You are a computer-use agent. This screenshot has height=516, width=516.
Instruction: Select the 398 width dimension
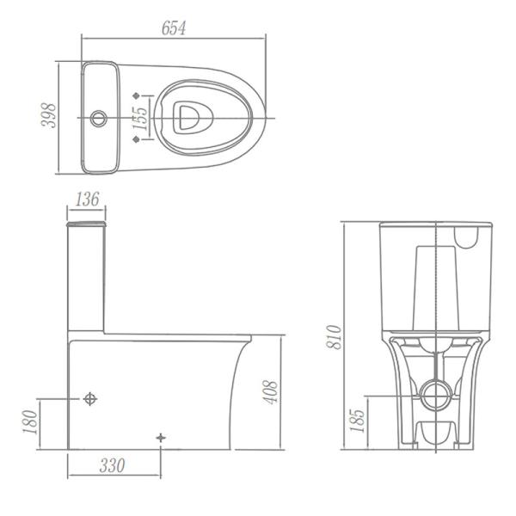(49, 116)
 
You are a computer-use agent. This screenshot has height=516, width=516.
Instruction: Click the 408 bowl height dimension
(272, 393)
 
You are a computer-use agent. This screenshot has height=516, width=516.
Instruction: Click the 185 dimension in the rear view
(359, 421)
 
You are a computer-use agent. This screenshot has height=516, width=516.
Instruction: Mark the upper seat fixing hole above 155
(138, 93)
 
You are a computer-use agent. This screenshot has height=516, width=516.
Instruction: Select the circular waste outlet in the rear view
(437, 396)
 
